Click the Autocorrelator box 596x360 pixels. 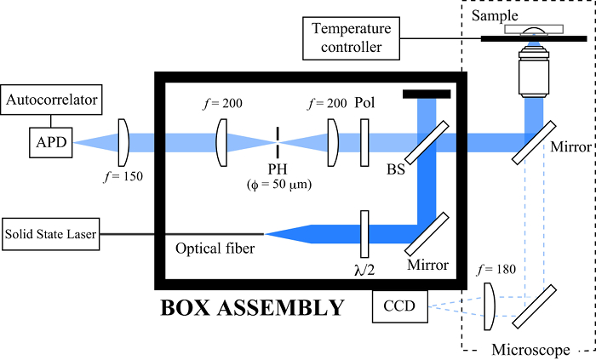(x=52, y=102)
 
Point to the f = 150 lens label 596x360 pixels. (x=119, y=178)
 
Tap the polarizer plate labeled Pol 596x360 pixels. (x=364, y=137)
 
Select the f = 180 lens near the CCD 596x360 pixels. (x=491, y=307)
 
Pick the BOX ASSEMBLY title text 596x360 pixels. (x=253, y=306)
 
